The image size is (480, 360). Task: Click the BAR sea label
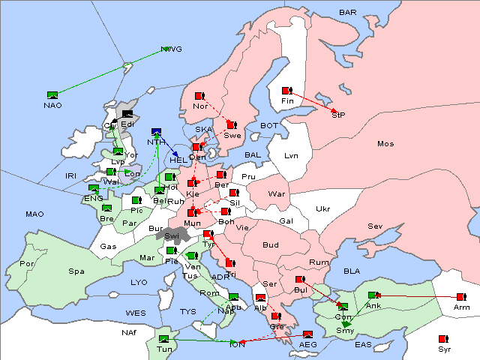347,13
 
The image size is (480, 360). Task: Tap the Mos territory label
385,143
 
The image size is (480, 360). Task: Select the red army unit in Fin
286,91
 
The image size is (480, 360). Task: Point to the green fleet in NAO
52,94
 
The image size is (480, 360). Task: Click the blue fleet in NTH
156,132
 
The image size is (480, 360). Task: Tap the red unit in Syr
444,339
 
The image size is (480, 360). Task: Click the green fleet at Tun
163,339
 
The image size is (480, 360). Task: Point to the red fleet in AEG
307,334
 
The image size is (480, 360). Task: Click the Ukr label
322,209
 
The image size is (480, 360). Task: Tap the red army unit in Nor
199,96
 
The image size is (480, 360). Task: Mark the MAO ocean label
34,214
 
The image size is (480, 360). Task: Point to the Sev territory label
375,226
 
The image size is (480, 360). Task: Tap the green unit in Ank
373,295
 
